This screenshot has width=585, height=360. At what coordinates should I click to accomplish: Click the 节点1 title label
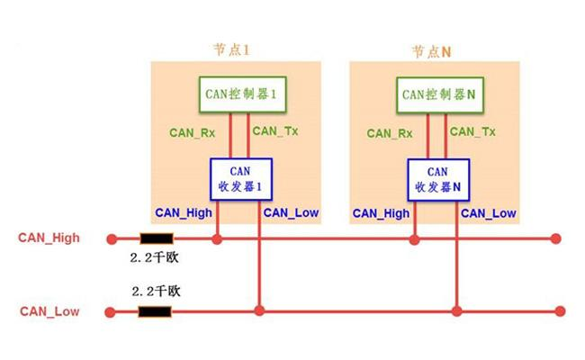click(x=229, y=51)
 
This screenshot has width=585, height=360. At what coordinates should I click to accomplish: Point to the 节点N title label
click(x=430, y=51)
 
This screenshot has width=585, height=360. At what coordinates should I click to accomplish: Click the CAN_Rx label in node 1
click(x=191, y=132)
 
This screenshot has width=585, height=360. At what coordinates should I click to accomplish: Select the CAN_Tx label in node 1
click(x=275, y=130)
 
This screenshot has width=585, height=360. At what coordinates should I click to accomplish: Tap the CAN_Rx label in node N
click(x=391, y=132)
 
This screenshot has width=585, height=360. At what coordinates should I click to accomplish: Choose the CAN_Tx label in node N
click(x=473, y=130)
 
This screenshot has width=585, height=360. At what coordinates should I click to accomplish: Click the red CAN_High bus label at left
click(x=49, y=238)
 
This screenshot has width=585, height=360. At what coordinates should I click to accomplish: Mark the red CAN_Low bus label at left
click(x=49, y=311)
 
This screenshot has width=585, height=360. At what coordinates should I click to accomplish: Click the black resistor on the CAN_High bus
click(x=156, y=239)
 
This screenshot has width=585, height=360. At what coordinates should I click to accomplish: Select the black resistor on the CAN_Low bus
click(x=155, y=312)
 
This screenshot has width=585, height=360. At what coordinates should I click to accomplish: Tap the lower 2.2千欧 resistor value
click(x=157, y=292)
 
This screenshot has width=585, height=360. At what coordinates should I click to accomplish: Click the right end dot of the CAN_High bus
click(x=556, y=239)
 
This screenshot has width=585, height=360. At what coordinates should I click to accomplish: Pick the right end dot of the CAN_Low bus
click(x=559, y=312)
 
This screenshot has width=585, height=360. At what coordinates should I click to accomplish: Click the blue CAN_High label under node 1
click(x=183, y=213)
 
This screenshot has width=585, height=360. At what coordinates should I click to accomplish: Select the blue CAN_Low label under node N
click(x=489, y=213)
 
